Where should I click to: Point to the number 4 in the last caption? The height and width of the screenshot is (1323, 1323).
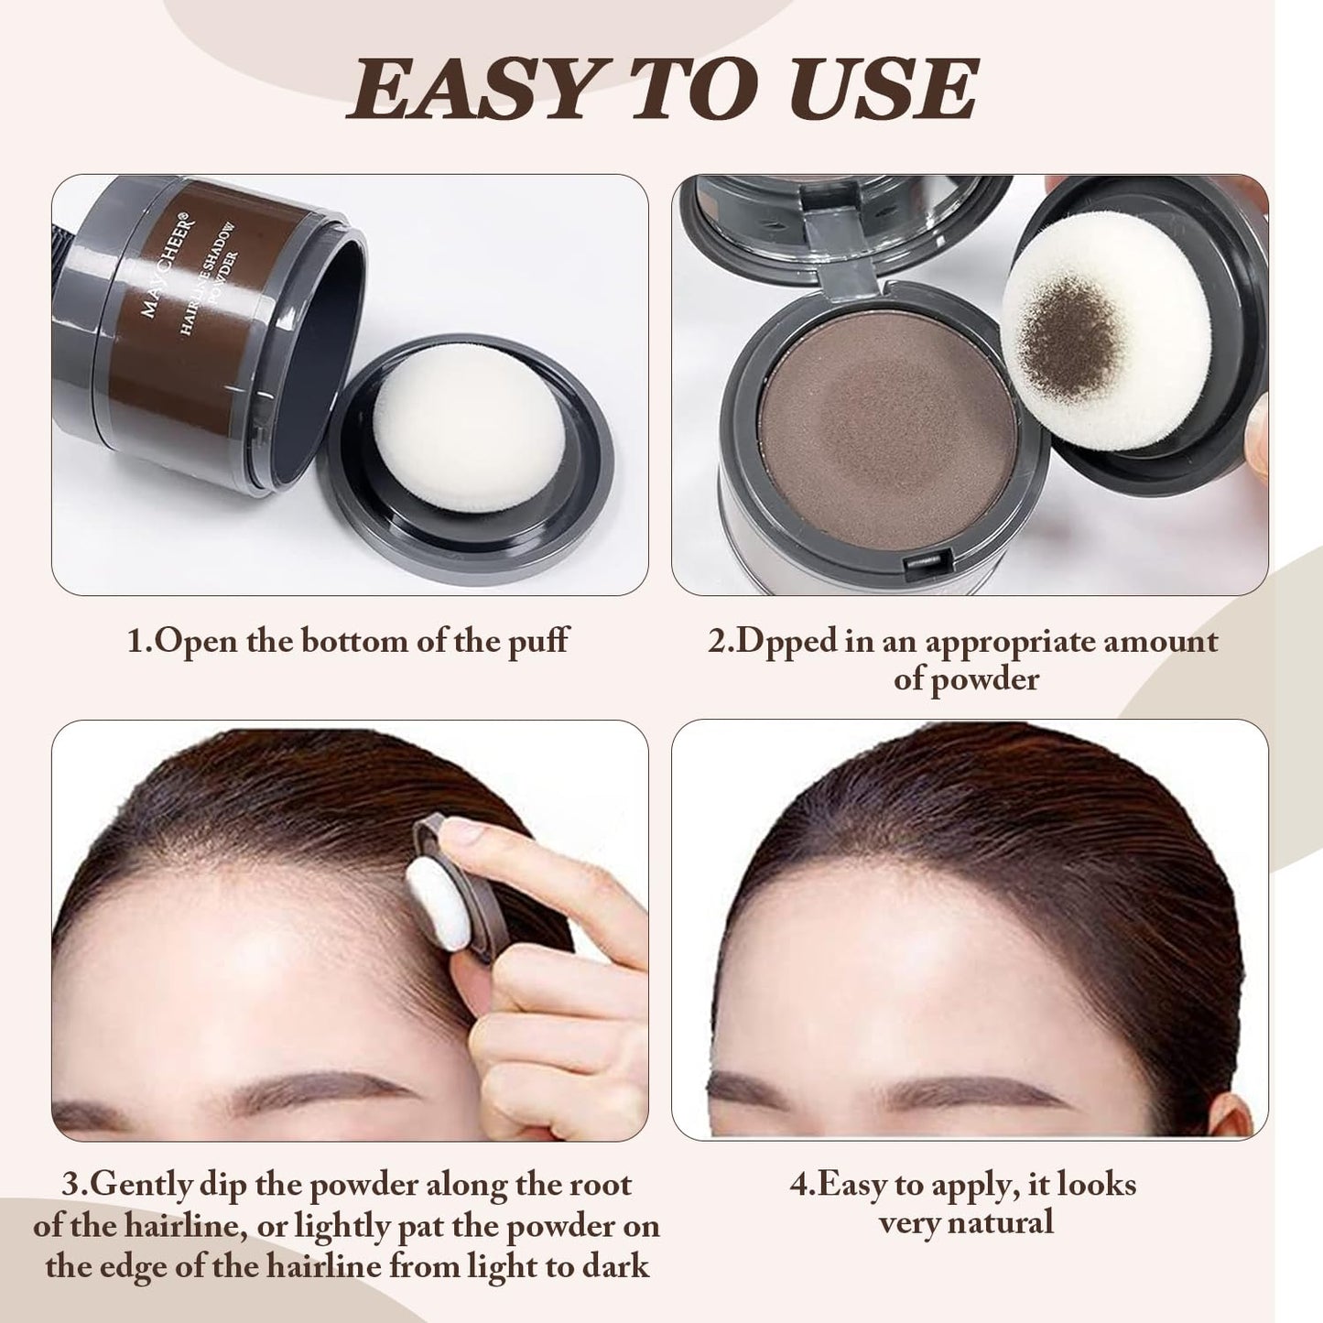point(797,1185)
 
